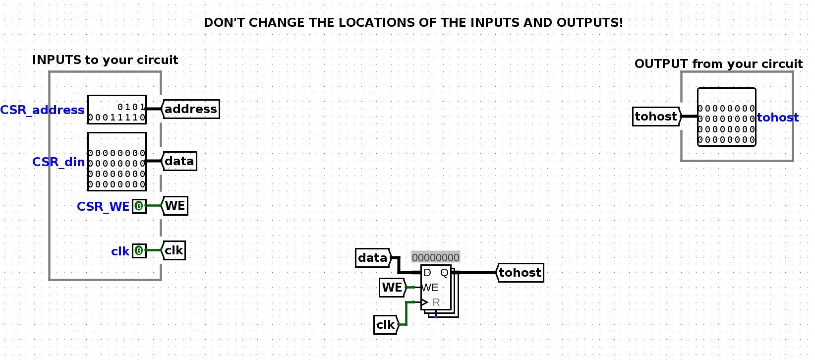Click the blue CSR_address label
pyautogui.click(x=42, y=110)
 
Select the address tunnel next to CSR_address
pyautogui.click(x=191, y=109)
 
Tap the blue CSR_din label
pyautogui.click(x=58, y=162)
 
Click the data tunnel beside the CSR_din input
pyautogui.click(x=179, y=161)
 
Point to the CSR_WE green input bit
pyautogui.click(x=139, y=206)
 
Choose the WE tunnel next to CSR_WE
pyautogui.click(x=175, y=206)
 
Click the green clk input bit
pyautogui.click(x=139, y=251)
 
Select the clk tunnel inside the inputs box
pyautogui.click(x=174, y=250)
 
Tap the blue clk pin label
pyautogui.click(x=120, y=251)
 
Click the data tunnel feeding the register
pyautogui.click(x=373, y=258)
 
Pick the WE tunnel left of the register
pyautogui.click(x=393, y=288)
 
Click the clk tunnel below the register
pyautogui.click(x=386, y=325)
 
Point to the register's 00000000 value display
pyautogui.click(x=436, y=258)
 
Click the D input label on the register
pyautogui.click(x=427, y=273)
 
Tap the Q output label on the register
pyautogui.click(x=444, y=273)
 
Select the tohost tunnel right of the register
pyautogui.click(x=520, y=273)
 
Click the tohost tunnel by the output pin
pyautogui.click(x=656, y=117)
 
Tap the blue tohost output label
pyautogui.click(x=778, y=118)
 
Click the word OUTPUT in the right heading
pyautogui.click(x=662, y=64)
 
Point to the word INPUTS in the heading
pyautogui.click(x=57, y=60)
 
